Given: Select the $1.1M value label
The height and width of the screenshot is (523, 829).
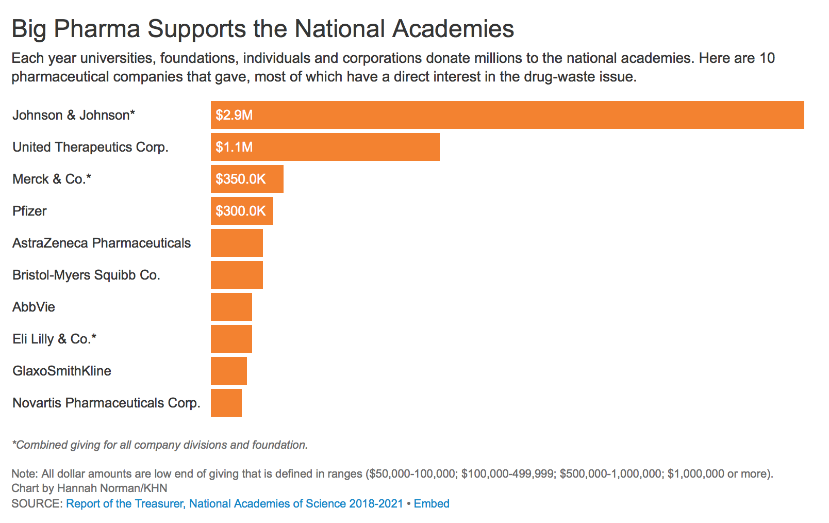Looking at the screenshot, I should [234, 148].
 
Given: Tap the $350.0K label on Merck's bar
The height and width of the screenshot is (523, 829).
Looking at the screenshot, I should [241, 179].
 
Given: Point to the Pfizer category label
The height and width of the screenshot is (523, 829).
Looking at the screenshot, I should [29, 211].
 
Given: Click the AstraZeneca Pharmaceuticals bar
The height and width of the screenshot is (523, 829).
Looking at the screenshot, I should [237, 243].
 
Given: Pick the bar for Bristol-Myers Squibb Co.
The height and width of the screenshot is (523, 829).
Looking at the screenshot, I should [237, 275].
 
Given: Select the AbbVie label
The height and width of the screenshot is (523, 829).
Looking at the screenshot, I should [34, 307].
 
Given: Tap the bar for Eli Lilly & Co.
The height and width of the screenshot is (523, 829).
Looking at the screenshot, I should [231, 339].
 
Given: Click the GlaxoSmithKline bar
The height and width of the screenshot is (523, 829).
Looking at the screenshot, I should [229, 371].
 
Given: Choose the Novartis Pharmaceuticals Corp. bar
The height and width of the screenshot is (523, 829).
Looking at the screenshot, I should [226, 403].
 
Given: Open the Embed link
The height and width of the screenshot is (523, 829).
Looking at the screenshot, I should [432, 503].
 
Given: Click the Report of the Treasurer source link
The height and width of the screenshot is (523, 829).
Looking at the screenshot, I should [235, 503].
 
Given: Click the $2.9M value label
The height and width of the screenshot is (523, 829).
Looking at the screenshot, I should [234, 115].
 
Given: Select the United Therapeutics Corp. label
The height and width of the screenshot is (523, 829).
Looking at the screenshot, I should [90, 147].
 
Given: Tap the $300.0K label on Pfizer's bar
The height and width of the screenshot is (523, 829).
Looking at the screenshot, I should [241, 211].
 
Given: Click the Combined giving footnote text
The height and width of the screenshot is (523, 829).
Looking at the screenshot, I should [160, 445].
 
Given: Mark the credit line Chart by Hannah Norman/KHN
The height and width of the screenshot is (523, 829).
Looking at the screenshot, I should [89, 488].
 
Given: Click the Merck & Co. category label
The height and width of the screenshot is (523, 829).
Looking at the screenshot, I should [52, 179].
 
